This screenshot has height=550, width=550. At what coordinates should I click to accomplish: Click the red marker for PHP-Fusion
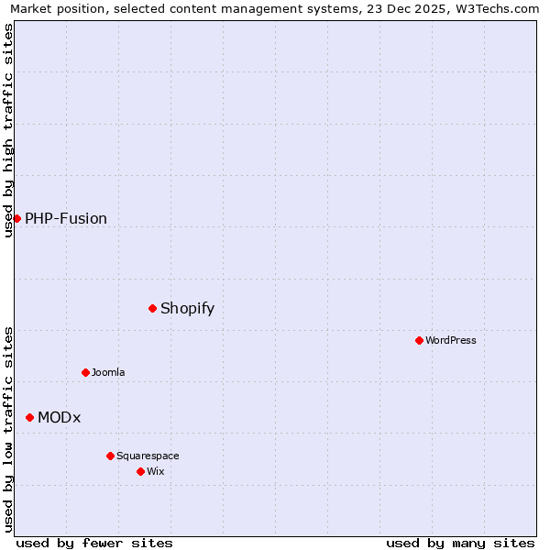click(x=16, y=218)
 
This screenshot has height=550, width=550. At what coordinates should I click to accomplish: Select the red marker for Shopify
click(x=152, y=308)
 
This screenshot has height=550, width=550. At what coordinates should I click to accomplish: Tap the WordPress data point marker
click(x=419, y=340)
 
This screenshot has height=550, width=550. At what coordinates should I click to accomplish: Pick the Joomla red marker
click(x=85, y=372)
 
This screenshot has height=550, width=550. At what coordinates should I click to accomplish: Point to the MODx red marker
click(x=29, y=417)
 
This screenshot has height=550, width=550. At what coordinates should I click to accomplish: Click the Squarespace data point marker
click(x=110, y=456)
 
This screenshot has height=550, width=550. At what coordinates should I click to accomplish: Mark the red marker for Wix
click(x=140, y=471)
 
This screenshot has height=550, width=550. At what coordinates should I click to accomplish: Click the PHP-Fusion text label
click(x=66, y=218)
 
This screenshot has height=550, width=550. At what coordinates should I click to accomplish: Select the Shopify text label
click(x=187, y=308)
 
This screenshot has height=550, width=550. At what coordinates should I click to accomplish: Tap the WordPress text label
click(x=451, y=340)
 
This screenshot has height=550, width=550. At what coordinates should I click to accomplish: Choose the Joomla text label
click(x=108, y=372)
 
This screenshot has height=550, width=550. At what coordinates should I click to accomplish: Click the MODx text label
click(x=60, y=417)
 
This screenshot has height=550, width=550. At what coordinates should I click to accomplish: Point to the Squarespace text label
click(x=148, y=456)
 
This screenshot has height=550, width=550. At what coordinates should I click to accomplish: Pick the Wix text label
click(x=156, y=471)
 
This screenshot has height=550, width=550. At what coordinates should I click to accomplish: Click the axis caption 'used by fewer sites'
click(x=94, y=543)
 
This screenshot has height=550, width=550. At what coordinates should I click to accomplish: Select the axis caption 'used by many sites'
click(x=460, y=543)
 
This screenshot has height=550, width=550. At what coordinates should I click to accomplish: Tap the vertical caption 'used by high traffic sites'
click(x=9, y=130)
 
